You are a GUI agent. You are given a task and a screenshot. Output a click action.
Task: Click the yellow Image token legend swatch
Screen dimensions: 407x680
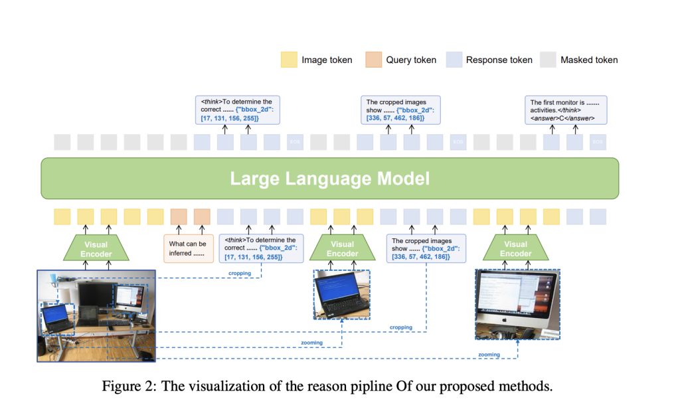click(289, 60)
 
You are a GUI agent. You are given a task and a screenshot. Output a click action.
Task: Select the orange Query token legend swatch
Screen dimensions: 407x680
click(373, 60)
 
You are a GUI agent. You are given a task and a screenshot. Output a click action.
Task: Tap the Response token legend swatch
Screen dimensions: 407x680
click(455, 60)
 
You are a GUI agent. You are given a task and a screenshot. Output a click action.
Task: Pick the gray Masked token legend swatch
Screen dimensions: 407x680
click(549, 60)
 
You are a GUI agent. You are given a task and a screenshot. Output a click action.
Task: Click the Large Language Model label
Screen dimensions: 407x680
click(329, 179)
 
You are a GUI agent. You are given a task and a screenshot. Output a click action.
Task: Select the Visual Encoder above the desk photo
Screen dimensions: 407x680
click(97, 249)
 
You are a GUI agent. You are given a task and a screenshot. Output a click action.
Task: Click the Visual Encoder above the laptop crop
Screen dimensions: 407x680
click(342, 249)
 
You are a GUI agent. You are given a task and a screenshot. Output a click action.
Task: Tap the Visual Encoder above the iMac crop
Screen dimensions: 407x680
click(516, 249)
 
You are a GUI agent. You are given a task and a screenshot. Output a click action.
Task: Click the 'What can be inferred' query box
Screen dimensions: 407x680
click(187, 248)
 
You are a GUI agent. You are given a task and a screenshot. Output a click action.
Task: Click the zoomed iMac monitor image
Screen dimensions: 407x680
click(517, 305)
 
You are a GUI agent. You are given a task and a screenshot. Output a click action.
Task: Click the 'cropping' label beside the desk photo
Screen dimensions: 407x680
click(241, 272)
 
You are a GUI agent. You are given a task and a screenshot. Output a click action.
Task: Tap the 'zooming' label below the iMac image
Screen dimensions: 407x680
click(489, 355)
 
